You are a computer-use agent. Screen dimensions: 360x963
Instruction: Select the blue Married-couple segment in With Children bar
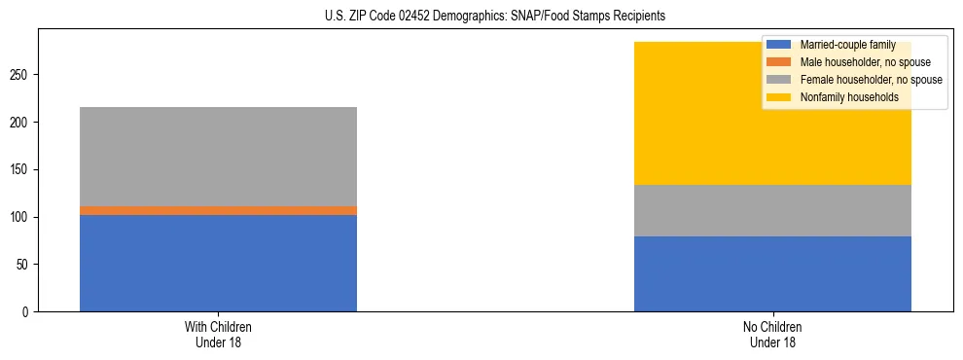(x=218, y=263)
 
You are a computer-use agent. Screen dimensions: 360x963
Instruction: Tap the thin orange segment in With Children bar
(x=218, y=210)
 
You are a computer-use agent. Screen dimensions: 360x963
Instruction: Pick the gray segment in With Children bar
(x=218, y=157)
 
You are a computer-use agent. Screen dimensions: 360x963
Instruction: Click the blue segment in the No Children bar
(x=772, y=273)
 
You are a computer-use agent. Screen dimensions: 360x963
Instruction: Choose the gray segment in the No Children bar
(x=772, y=210)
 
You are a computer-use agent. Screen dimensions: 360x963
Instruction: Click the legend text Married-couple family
(x=847, y=45)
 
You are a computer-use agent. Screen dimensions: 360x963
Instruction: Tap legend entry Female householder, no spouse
(x=871, y=80)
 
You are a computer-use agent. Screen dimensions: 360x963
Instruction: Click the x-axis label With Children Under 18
(x=218, y=335)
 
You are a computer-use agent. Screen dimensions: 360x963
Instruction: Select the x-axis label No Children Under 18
(x=772, y=335)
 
